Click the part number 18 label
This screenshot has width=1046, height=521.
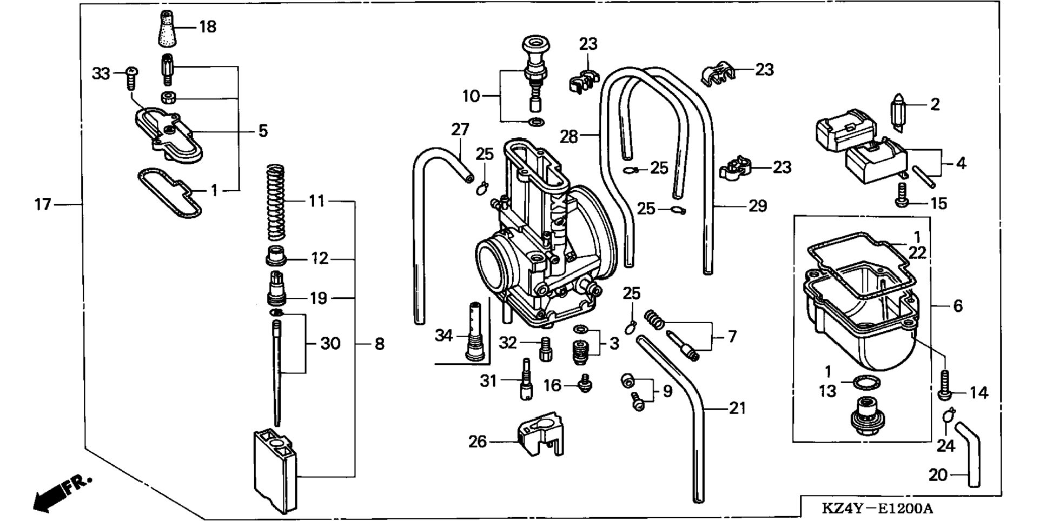click(x=208, y=26)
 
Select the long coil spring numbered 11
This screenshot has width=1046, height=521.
click(x=276, y=202)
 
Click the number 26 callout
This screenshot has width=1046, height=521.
click(x=478, y=442)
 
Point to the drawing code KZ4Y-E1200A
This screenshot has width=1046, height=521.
click(x=877, y=509)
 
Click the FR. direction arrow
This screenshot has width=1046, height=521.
click(x=59, y=492)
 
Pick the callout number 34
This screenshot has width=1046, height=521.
click(x=444, y=336)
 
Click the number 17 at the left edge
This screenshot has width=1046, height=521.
click(x=43, y=205)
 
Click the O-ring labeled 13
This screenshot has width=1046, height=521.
click(x=866, y=383)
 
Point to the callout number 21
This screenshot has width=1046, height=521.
click(x=737, y=408)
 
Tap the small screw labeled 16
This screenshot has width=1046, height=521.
click(x=585, y=383)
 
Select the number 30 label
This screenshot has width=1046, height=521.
click(x=330, y=343)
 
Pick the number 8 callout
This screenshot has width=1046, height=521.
click(x=380, y=344)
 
